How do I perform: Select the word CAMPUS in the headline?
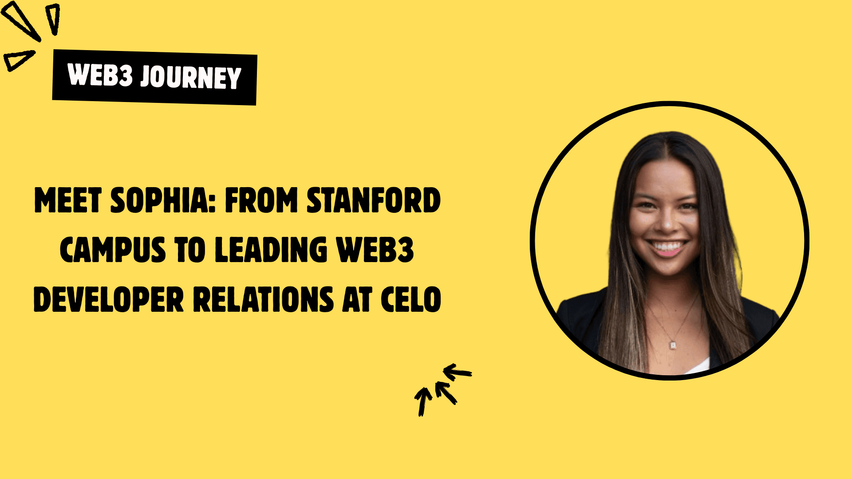point(113,250)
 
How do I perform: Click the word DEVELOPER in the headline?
point(108,300)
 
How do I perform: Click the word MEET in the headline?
point(68,200)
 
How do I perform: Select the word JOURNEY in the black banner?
point(191,78)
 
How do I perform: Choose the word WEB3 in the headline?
point(375,250)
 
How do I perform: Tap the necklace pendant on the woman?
point(673,344)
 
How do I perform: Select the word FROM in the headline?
point(261,200)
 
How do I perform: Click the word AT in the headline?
point(357,300)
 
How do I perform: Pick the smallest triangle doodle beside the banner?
point(19,60)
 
